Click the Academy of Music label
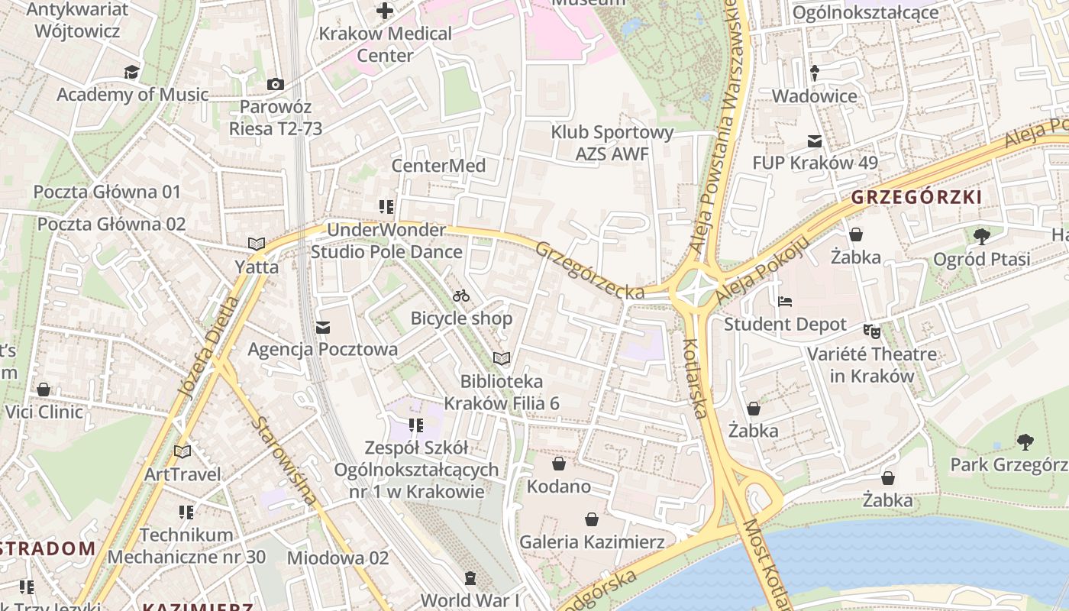pos(132,95)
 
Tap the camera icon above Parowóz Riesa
pos(276,84)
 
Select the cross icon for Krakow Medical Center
pos(385,11)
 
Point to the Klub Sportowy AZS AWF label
pos(612,143)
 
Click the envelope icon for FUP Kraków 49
pos(815,141)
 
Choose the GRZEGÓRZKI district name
pos(916,197)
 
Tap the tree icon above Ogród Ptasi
pos(982,236)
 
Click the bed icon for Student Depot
pos(785,302)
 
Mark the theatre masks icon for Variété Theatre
pos(871,331)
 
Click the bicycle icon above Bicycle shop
pos(461,296)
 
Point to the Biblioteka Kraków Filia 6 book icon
pos(502,358)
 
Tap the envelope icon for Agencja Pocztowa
pos(322,328)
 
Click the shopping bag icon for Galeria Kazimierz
pos(592,520)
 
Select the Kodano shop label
pos(559,487)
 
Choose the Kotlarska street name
pos(693,379)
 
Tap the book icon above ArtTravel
pos(182,451)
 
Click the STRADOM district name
pos(47,548)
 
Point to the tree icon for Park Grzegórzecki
pos(1025,441)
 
